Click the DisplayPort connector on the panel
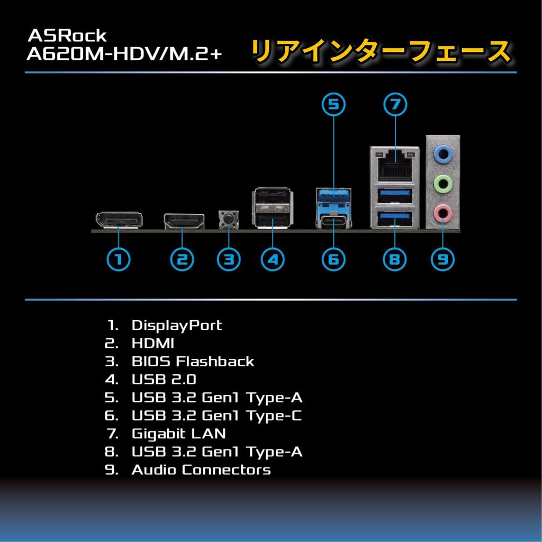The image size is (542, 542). point(119,220)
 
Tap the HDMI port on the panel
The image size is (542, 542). point(184,221)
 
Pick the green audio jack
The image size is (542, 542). point(443,184)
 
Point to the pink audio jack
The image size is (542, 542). point(443,214)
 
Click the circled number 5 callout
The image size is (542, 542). point(333,104)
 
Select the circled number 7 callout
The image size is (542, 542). point(394,104)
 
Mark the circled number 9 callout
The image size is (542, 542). point(443,259)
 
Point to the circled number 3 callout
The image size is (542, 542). point(229,259)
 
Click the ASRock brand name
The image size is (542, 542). point(67,36)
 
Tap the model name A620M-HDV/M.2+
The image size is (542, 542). point(124,53)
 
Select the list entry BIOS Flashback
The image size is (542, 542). point(193,362)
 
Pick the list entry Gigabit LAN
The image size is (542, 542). point(178,433)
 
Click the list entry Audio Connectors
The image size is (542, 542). point(201,469)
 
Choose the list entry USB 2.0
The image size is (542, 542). point(164,380)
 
